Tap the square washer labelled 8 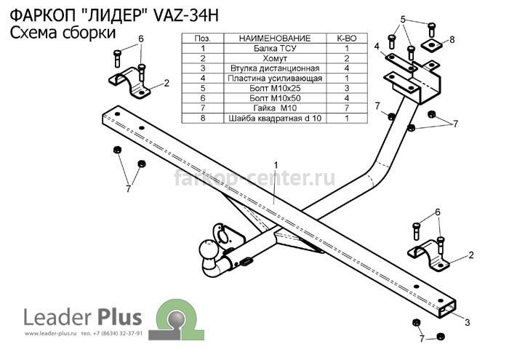[432, 44]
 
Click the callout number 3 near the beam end [467, 322]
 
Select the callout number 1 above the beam [276, 166]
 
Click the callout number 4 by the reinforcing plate [377, 47]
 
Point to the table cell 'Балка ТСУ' [275, 49]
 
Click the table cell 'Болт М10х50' [275, 98]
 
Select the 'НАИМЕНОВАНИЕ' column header [275, 39]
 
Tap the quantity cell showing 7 [347, 108]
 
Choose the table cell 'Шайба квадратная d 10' [275, 118]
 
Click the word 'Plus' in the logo [119, 317]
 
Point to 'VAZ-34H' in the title [185, 15]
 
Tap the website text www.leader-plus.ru [50, 333]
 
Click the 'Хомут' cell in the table [275, 58]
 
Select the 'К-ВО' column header [347, 39]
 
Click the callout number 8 [452, 40]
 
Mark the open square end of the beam [447, 308]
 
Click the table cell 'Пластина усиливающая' [275, 79]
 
